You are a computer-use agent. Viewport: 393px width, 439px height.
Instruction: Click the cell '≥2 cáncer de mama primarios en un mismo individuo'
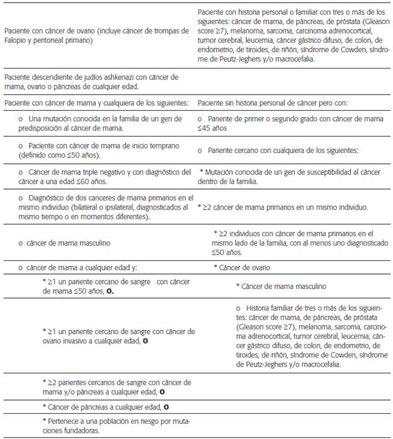point(283,207)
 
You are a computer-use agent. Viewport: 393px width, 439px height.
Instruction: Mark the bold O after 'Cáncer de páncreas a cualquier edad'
point(166,407)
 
